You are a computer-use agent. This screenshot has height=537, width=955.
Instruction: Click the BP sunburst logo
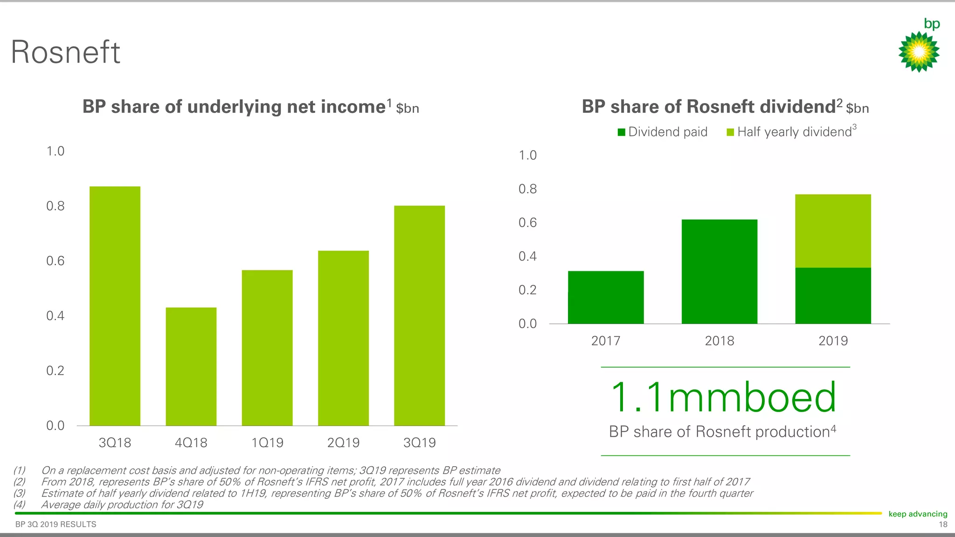click(x=919, y=51)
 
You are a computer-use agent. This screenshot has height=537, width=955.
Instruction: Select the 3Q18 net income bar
click(x=115, y=306)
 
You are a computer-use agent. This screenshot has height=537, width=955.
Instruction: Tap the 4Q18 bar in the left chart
click(x=191, y=366)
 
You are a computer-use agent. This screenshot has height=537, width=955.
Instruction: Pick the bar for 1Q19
click(x=267, y=348)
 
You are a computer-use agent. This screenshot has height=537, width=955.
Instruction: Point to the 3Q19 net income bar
click(x=419, y=316)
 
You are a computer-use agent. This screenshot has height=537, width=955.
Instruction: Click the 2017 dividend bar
click(x=606, y=297)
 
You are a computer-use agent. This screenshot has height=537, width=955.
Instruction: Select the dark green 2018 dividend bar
click(x=720, y=272)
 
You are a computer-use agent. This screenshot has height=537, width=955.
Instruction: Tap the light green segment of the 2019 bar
click(x=833, y=231)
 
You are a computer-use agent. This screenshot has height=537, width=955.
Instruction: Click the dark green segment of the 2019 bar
click(x=833, y=296)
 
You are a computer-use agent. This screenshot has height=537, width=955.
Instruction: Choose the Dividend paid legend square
click(x=621, y=132)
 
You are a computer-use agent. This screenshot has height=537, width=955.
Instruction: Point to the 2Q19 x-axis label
click(x=343, y=442)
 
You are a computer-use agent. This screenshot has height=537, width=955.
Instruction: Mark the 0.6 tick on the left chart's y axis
click(x=55, y=261)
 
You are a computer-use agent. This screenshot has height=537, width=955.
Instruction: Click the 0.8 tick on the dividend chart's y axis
click(x=527, y=189)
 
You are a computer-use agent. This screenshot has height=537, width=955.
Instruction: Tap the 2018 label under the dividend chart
click(x=720, y=341)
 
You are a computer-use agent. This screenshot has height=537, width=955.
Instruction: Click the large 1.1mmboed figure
click(x=723, y=397)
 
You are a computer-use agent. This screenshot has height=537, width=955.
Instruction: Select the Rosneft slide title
click(x=65, y=52)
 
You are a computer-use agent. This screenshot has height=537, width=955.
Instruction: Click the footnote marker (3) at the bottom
click(x=19, y=493)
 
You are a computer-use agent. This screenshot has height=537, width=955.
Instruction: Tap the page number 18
click(x=943, y=524)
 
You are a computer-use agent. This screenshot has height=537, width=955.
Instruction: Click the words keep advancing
click(x=918, y=514)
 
